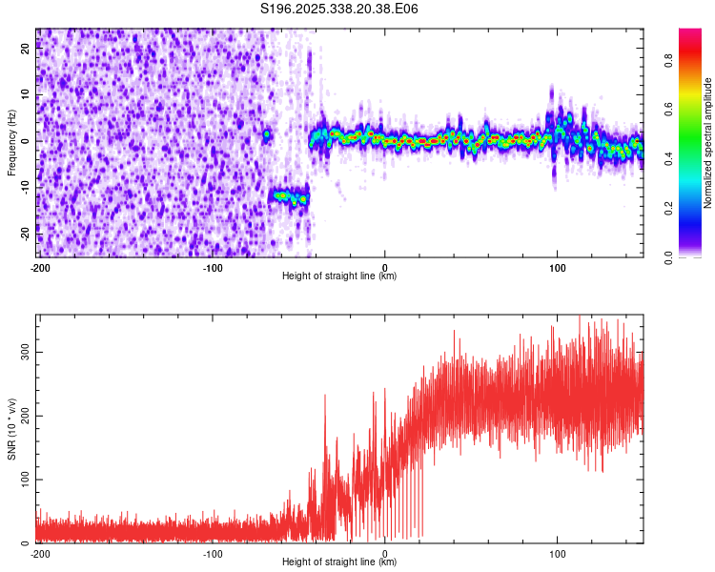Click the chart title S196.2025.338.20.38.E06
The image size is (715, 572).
point(339,9)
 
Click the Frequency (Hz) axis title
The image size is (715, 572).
point(11,143)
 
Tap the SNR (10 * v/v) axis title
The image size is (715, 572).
point(11,428)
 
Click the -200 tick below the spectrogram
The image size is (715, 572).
point(39,267)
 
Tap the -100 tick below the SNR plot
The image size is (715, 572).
point(212,553)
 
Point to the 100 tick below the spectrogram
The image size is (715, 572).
point(558,267)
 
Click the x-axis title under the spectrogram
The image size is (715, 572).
point(339,276)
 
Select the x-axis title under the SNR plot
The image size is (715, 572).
point(339,562)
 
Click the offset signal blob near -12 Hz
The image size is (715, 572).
point(290,197)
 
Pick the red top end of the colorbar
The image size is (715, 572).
point(689,33)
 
